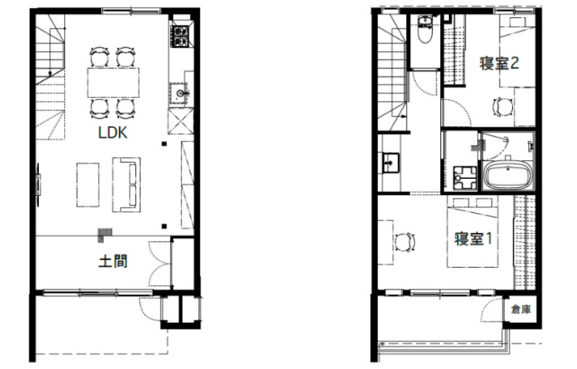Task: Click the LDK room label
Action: (112, 132)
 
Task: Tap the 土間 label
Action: (113, 261)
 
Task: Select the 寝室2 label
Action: (499, 63)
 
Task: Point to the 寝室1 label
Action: (473, 238)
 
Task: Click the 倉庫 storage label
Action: (521, 309)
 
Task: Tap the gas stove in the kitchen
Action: (181, 36)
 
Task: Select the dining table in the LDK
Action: (114, 83)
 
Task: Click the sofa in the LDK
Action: (126, 184)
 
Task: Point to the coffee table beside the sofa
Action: (88, 184)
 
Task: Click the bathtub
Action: (508, 175)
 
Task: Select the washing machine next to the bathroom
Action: (465, 178)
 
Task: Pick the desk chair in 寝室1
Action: (405, 243)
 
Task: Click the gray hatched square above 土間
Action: (105, 235)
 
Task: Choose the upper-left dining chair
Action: (99, 57)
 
